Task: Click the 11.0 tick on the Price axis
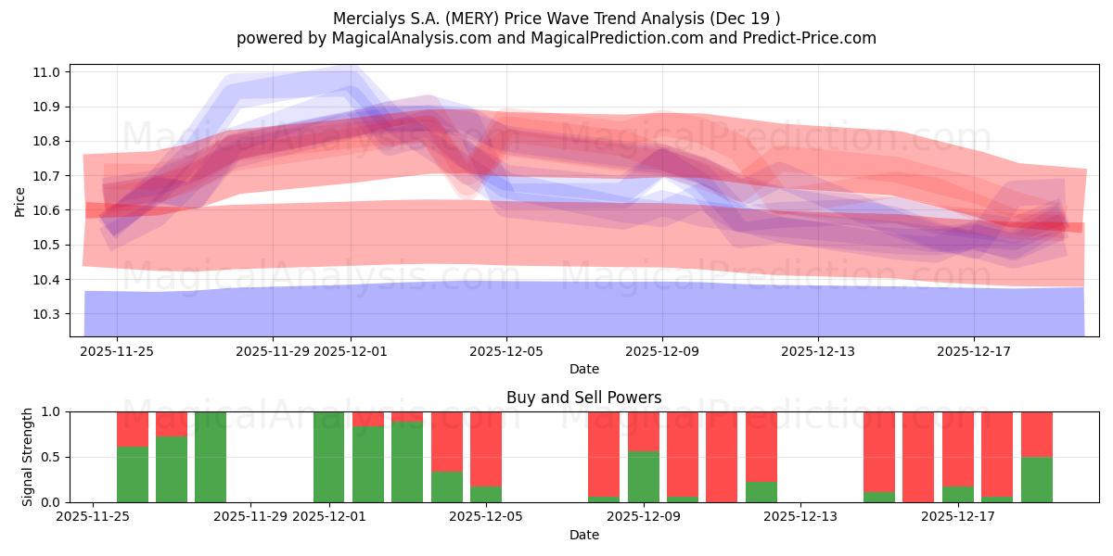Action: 48,72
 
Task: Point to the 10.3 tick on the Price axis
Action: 48,315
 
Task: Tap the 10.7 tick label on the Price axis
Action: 48,176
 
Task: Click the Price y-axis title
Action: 20,201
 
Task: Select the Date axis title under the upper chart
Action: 584,369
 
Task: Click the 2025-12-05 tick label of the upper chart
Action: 506,351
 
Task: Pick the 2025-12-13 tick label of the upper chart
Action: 818,351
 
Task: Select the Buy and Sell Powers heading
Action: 584,398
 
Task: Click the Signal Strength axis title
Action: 28,456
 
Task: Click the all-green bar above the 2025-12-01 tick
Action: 328,457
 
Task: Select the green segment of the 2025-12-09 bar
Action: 644,476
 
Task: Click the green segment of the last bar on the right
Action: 1037,479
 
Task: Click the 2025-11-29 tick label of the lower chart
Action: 250,517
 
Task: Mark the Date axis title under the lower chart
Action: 584,535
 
